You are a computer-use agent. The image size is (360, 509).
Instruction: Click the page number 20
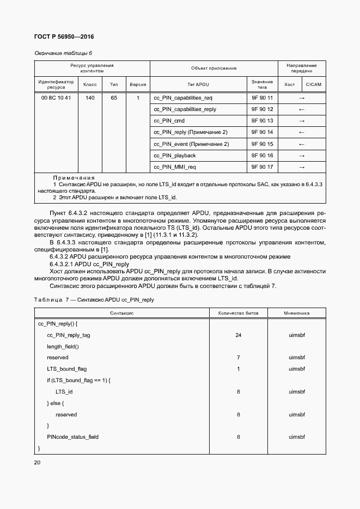(x=38, y=462)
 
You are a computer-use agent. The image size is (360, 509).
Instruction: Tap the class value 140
(x=90, y=97)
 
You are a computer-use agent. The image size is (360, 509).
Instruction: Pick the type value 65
(x=114, y=97)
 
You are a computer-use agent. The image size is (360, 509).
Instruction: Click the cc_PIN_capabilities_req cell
(x=183, y=97)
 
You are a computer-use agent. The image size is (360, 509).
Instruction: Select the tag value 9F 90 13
(x=262, y=121)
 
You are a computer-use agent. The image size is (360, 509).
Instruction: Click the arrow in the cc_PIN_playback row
(x=302, y=156)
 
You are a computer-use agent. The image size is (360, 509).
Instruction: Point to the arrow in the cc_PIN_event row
(x=302, y=144)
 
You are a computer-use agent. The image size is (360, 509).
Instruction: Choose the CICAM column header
(x=314, y=84)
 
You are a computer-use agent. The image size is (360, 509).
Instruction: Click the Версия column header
(x=138, y=84)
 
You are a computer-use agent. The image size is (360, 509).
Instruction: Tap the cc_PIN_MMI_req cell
(x=175, y=167)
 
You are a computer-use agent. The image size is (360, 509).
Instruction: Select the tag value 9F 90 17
(x=262, y=167)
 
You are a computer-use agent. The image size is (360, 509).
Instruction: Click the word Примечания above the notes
(x=74, y=178)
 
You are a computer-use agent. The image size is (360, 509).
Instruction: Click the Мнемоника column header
(x=296, y=313)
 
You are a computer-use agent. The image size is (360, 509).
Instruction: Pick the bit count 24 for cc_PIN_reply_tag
(x=238, y=335)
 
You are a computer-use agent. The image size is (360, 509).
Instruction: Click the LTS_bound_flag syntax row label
(x=67, y=369)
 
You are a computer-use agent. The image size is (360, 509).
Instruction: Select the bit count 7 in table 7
(x=238, y=358)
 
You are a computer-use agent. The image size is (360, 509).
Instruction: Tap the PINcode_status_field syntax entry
(x=73, y=437)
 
